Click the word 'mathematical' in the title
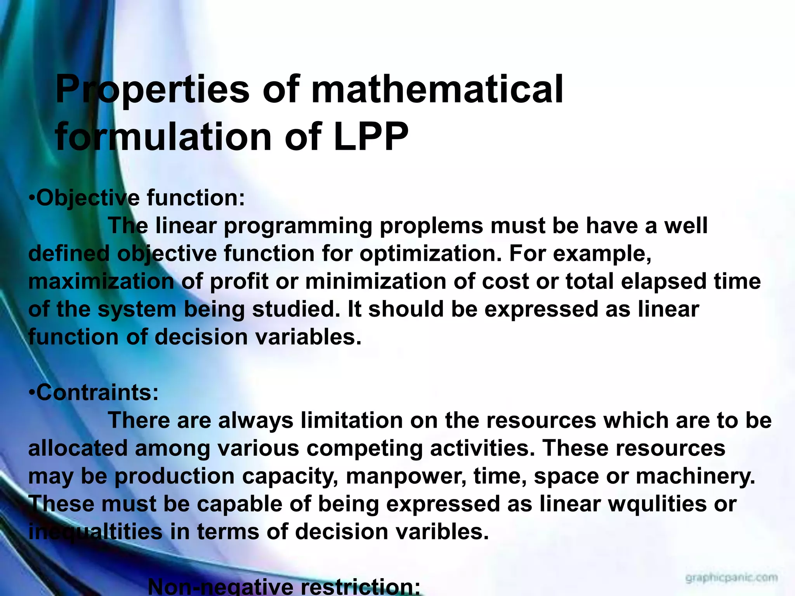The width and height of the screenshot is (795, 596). click(x=437, y=90)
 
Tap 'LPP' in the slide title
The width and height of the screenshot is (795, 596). click(x=371, y=137)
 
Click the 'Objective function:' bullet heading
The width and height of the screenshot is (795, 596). click(x=137, y=198)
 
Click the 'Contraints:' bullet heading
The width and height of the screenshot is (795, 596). click(x=94, y=393)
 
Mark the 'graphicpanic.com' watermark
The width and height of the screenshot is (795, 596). click(x=731, y=578)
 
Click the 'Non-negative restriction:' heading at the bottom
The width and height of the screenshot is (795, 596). click(x=284, y=587)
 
